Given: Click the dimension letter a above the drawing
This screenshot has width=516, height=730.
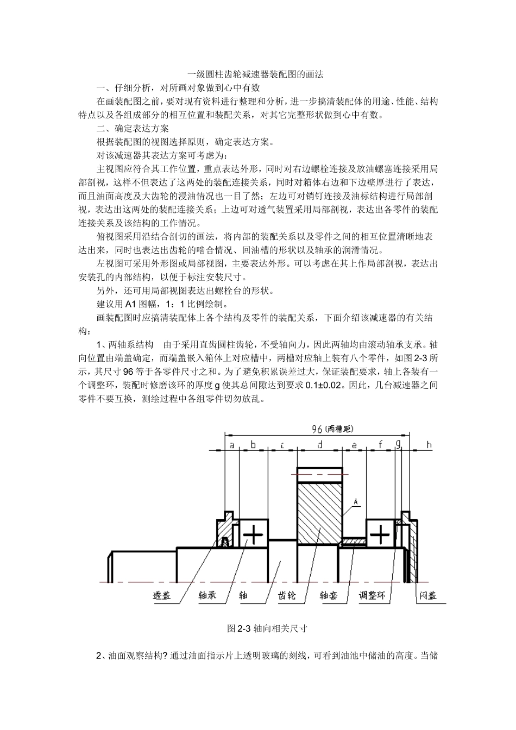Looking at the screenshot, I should click(x=232, y=445).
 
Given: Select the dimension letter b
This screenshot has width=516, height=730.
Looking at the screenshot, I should click(x=253, y=445).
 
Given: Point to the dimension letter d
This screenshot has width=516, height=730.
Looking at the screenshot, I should click(x=320, y=445).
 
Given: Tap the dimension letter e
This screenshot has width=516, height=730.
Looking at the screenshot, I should click(x=354, y=445).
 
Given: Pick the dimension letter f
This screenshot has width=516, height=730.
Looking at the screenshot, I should click(x=380, y=445).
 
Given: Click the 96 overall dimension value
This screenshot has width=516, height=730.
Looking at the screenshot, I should click(x=318, y=429).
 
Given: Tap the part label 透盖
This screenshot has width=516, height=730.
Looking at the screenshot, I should click(x=161, y=596).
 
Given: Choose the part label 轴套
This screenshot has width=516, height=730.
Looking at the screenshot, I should click(x=329, y=596).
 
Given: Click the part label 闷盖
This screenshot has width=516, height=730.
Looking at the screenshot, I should click(x=427, y=596).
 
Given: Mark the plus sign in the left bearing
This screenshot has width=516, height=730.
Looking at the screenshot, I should click(x=253, y=534).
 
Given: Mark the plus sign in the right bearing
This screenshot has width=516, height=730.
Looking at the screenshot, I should click(x=380, y=534).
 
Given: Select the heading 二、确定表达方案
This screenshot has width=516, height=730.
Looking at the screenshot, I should click(x=133, y=129).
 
